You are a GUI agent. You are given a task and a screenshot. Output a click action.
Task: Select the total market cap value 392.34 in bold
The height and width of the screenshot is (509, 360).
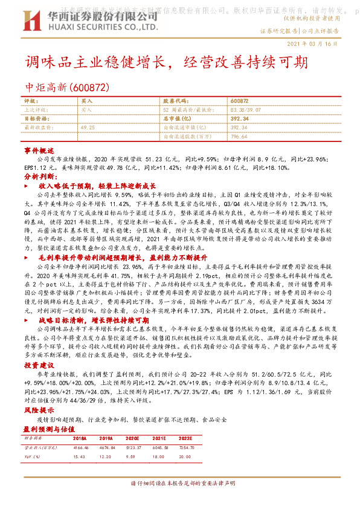(239, 119)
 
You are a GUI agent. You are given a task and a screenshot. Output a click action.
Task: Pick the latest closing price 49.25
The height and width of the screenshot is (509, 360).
(88, 128)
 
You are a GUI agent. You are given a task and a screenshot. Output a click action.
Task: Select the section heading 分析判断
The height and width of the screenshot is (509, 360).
(39, 177)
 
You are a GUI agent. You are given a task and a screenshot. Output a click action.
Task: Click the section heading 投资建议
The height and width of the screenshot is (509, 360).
(39, 366)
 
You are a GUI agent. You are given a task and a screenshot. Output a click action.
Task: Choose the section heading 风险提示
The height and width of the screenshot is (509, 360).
(39, 410)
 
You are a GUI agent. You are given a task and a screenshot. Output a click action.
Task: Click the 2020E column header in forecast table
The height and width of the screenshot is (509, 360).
(134, 438)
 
